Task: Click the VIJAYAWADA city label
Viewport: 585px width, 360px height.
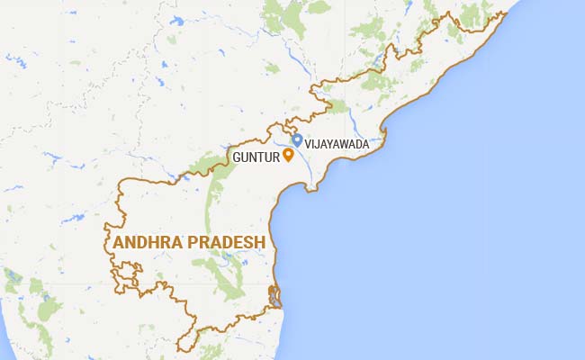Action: (x=337, y=142)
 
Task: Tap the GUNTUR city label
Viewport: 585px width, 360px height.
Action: (x=255, y=157)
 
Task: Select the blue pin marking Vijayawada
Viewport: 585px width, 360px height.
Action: (x=297, y=140)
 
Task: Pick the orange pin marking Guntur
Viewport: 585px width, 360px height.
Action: (x=288, y=154)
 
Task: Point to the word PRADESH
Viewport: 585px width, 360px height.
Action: (x=229, y=242)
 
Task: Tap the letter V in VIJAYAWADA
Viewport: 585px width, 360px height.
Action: (x=308, y=142)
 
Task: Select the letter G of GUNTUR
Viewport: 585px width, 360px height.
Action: (x=236, y=157)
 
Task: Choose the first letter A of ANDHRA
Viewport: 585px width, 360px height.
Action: (x=118, y=242)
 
